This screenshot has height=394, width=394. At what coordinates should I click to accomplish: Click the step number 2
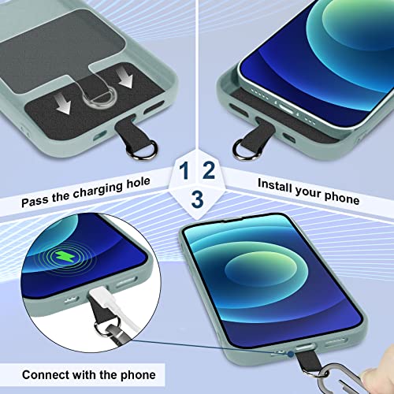[x=209, y=170]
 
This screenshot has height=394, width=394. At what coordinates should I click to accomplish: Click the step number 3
[x=196, y=198]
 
